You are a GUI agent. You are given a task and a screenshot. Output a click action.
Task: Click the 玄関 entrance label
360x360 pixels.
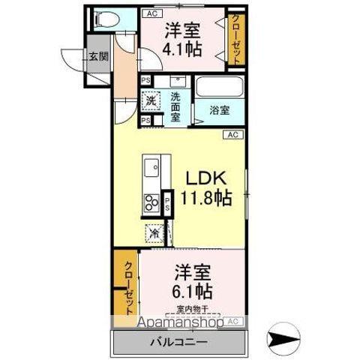pyautogui.click(x=97, y=55)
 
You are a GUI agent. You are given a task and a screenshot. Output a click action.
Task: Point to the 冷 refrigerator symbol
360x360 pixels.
pyautogui.click(x=153, y=233)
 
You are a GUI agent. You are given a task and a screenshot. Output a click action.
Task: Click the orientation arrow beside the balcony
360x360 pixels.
pyautogui.click(x=283, y=340)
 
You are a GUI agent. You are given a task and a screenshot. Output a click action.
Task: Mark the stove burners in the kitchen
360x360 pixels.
pyautogui.click(x=151, y=202)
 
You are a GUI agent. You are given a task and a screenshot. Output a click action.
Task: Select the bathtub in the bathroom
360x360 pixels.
pyautogui.click(x=220, y=88)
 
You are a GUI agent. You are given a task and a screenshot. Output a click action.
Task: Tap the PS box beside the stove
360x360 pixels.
pyautogui.click(x=168, y=201)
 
